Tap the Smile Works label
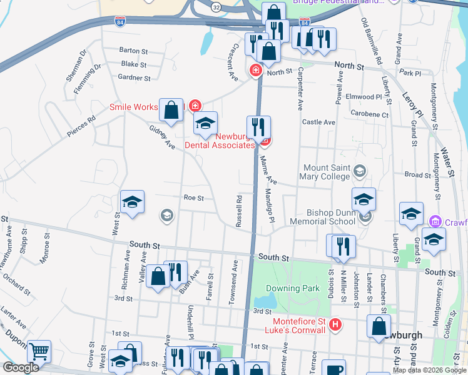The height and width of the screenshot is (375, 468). coord(134,107)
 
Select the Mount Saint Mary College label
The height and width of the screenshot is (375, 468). coord(326,172)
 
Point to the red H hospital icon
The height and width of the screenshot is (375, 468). coord(335,324)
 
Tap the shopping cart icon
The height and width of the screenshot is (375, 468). coord(39,352)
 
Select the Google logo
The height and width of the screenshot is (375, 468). coord(20,368)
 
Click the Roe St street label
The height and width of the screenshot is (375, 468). coord(194,197)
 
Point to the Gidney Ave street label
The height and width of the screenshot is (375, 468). coord(161,136)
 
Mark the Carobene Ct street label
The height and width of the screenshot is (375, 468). coord(370,115)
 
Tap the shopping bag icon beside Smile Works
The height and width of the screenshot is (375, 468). coord(171,110)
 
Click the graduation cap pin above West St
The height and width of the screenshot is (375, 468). coord(132,202)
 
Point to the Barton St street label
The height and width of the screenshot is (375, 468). coord(133,51)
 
